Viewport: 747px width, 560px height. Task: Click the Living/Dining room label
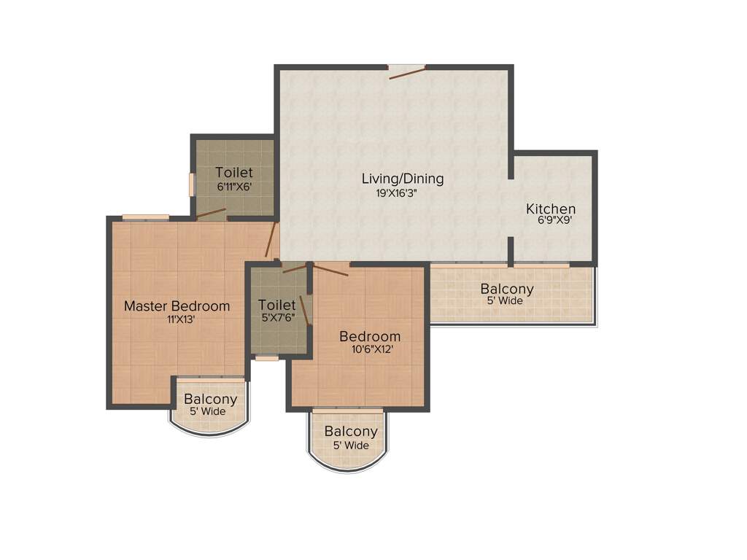pyautogui.click(x=403, y=178)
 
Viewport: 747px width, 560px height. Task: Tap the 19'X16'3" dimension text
pyautogui.click(x=397, y=193)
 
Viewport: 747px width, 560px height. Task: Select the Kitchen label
pyautogui.click(x=551, y=209)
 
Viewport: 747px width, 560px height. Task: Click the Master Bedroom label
pyautogui.click(x=177, y=306)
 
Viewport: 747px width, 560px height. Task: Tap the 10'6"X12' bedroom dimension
pyautogui.click(x=372, y=349)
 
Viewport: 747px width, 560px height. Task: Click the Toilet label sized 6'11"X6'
pyautogui.click(x=234, y=173)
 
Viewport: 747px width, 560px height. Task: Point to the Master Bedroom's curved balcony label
pyautogui.click(x=210, y=400)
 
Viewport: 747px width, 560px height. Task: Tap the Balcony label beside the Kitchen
pyautogui.click(x=507, y=289)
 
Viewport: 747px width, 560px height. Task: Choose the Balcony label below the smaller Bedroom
pyautogui.click(x=351, y=432)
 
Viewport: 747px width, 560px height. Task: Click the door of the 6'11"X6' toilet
pyautogui.click(x=212, y=214)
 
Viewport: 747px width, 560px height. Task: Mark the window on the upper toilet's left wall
pyautogui.click(x=192, y=184)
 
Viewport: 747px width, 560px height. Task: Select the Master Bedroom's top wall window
pyautogui.click(x=145, y=217)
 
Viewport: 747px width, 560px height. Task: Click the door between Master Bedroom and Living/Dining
pyautogui.click(x=271, y=241)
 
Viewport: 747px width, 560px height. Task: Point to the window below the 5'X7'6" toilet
pyautogui.click(x=267, y=358)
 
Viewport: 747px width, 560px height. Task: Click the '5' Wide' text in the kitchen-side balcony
pyautogui.click(x=505, y=301)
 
